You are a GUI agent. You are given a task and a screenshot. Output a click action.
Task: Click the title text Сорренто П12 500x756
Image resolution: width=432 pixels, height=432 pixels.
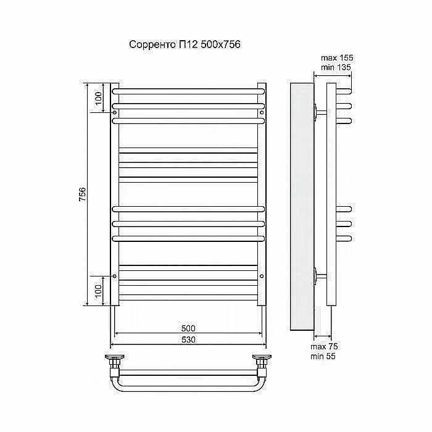[185, 44]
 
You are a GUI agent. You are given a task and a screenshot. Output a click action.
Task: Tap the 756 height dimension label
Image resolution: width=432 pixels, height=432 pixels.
[83, 194]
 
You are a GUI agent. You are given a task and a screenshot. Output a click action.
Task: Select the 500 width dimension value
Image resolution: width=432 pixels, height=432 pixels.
[188, 328]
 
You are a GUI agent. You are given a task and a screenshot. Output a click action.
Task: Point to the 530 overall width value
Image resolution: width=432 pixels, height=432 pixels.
[188, 339]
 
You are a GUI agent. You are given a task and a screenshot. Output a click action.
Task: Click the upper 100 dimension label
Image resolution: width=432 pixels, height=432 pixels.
[98, 98]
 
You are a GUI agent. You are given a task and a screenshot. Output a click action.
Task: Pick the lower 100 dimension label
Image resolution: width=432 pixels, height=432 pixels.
[98, 291]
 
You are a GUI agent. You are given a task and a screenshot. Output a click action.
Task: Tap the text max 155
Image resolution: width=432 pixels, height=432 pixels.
[337, 58]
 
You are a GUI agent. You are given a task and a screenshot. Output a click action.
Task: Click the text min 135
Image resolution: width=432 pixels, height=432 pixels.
[336, 67]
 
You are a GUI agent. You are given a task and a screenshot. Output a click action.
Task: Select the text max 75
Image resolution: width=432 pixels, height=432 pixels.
[324, 347]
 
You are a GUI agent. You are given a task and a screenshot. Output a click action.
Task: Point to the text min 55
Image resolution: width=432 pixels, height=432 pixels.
[323, 356]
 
